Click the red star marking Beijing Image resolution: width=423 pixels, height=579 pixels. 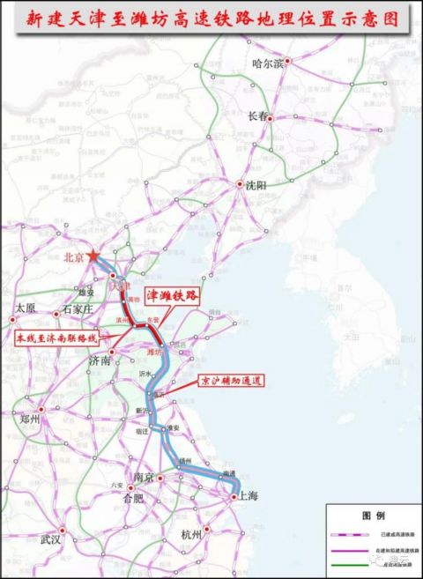[94, 256]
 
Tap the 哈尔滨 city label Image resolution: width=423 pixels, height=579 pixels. [269, 63]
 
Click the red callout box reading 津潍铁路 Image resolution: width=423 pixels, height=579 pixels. [168, 294]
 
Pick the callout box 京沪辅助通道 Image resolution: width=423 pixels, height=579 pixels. [230, 381]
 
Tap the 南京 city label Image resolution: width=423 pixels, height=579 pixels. [145, 477]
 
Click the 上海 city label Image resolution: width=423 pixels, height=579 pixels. [247, 497]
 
